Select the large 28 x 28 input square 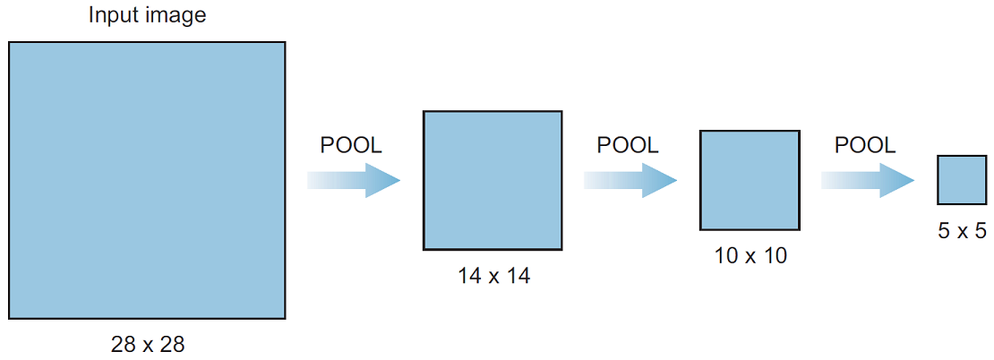coord(147,180)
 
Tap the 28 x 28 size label coord(148,344)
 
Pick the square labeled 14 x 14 coord(493,180)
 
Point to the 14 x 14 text coord(493,277)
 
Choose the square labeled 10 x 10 coord(750,180)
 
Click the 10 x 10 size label coord(750,256)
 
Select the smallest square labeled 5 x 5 coord(963,180)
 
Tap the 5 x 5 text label coord(963,231)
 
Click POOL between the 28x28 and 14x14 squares coord(351,146)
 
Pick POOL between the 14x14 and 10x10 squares coord(629,146)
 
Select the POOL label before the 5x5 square coord(865,146)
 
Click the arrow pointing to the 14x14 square coord(354,180)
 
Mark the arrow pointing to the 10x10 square coord(630,180)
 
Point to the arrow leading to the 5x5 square coord(868,180)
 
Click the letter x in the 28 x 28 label coord(148,346)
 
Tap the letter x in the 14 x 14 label coord(493,279)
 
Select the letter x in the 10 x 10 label coord(750,258)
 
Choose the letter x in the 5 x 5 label coord(963,233)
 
